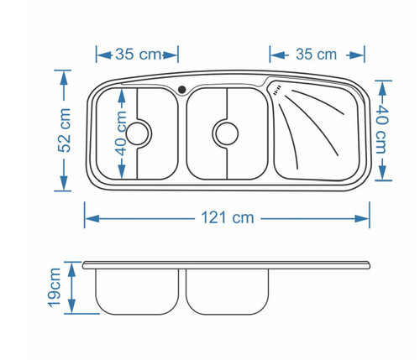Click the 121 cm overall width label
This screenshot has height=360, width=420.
point(228,217)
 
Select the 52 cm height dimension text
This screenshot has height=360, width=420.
point(64,130)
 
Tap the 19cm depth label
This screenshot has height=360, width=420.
point(54,288)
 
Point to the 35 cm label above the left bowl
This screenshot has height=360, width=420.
point(139,54)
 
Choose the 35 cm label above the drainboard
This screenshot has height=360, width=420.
point(316,54)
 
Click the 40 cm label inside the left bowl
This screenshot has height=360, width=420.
point(121,133)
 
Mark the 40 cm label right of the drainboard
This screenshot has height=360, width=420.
point(382,131)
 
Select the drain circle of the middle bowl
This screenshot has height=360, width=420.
point(227,133)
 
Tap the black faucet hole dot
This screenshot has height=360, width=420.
point(182,90)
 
